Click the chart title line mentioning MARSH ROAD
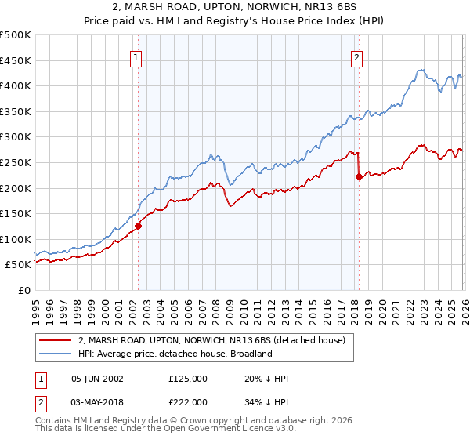point(234,7)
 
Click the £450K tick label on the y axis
point(16,60)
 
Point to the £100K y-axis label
point(16,239)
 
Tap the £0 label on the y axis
point(24,290)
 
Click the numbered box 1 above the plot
point(136,57)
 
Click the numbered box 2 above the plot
point(356,57)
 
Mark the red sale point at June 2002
point(138,227)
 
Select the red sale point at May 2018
point(359,177)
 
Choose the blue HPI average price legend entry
point(175,354)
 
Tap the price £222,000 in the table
point(188,402)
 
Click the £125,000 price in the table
point(188,379)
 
